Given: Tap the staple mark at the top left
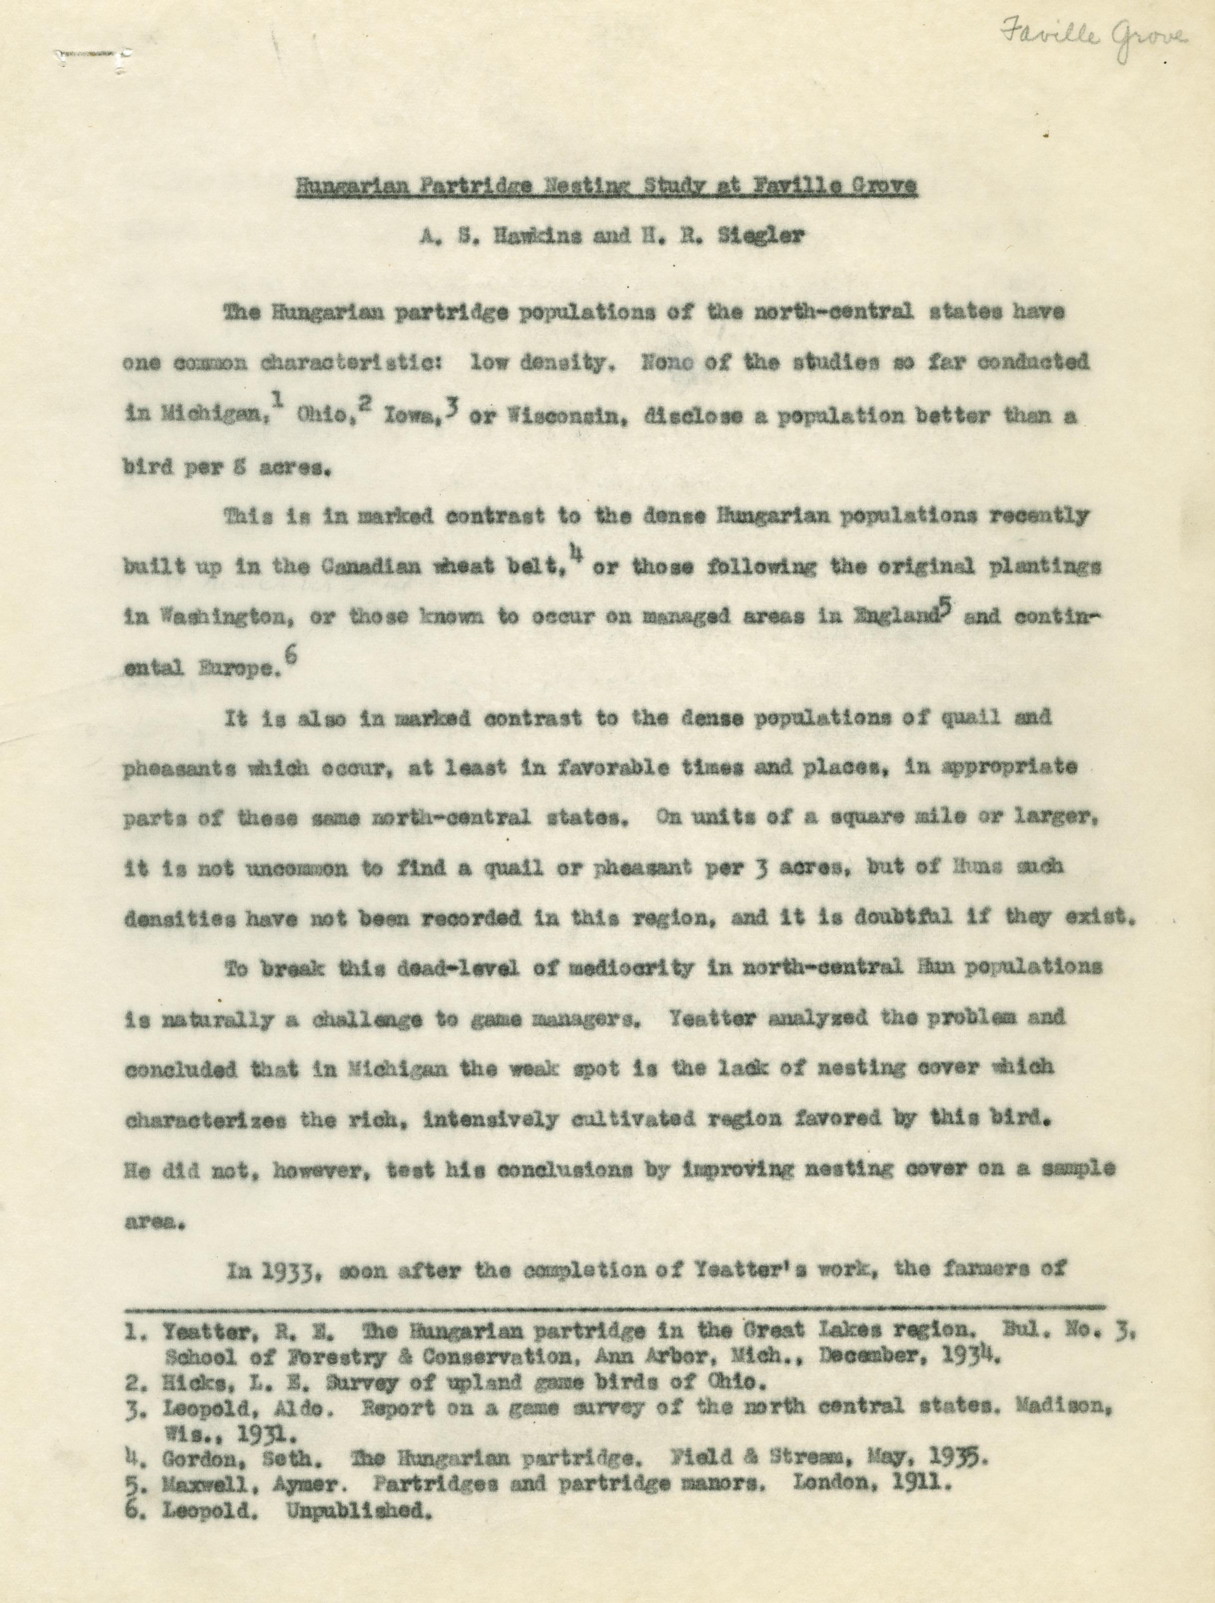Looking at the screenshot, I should (x=93, y=54).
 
